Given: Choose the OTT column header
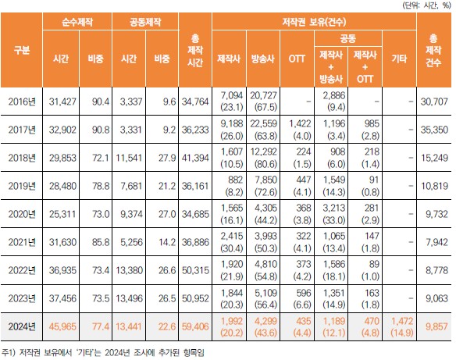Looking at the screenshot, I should coord(297,58).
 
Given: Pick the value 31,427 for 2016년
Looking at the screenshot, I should coord(61,101).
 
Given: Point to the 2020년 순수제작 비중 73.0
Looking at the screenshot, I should coord(96,213).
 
